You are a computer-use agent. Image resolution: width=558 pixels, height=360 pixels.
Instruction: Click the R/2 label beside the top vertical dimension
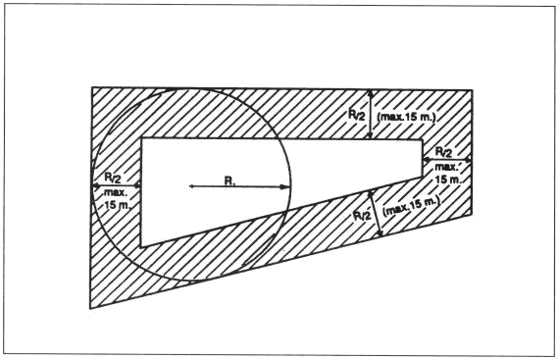pyautogui.click(x=356, y=115)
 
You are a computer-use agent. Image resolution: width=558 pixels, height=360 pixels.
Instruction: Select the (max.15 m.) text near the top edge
pyautogui.click(x=406, y=117)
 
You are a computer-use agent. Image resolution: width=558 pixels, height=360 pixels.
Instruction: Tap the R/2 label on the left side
pyautogui.click(x=113, y=178)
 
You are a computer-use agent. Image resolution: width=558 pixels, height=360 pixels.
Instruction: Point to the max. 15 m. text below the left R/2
pyautogui.click(x=117, y=199)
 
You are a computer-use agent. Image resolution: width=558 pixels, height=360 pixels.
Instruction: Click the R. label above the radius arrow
pyautogui.click(x=229, y=181)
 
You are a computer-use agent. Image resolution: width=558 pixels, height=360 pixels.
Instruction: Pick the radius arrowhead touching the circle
pyautogui.click(x=285, y=187)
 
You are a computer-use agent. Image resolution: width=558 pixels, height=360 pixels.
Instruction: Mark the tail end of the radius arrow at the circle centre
pyautogui.click(x=189, y=186)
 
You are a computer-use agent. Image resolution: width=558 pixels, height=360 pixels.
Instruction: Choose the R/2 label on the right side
pyautogui.click(x=444, y=152)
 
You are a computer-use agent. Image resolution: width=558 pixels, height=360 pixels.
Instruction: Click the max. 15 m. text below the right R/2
pyautogui.click(x=448, y=173)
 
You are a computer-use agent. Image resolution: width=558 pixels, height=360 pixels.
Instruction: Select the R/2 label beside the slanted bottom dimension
pyautogui.click(x=362, y=216)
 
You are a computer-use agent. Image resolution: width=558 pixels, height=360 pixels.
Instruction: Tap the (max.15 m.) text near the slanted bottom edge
pyautogui.click(x=411, y=205)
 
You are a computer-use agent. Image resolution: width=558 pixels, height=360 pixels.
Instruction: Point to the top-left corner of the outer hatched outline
pyautogui.click(x=92, y=87)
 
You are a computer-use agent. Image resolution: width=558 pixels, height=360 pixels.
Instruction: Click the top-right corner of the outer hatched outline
pyautogui.click(x=473, y=90)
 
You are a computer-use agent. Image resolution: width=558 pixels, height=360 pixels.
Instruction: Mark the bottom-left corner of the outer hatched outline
pyautogui.click(x=90, y=308)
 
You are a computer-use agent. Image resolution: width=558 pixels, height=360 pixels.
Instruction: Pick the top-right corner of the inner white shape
pyautogui.click(x=422, y=139)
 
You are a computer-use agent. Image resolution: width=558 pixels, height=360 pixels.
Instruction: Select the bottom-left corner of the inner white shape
pyautogui.click(x=141, y=246)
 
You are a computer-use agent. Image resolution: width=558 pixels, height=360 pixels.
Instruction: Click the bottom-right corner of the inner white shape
pyautogui.click(x=422, y=177)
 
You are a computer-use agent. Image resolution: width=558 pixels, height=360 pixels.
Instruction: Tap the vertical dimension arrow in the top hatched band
pyautogui.click(x=371, y=115)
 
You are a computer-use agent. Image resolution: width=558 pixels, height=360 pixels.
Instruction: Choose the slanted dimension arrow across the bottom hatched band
pyautogui.click(x=376, y=213)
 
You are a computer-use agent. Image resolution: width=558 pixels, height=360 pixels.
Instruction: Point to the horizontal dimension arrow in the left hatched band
pyautogui.click(x=117, y=185)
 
